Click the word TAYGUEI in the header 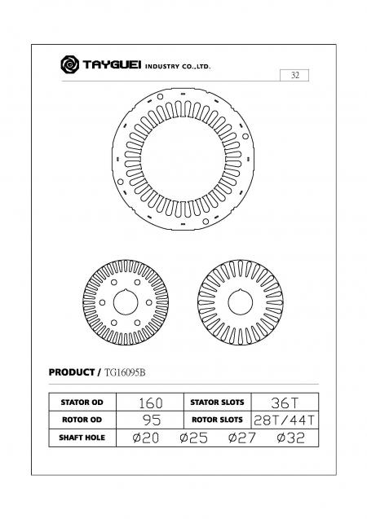pyautogui.click(x=110, y=64)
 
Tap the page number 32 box pyautogui.click(x=294, y=75)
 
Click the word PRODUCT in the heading pyautogui.click(x=73, y=372)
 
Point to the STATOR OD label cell pyautogui.click(x=80, y=402)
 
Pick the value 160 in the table pyautogui.click(x=151, y=402)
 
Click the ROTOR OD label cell pyautogui.click(x=80, y=420)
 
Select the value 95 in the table pyautogui.click(x=151, y=420)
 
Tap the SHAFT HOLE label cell pyautogui.click(x=80, y=438)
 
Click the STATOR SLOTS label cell pyautogui.click(x=217, y=402)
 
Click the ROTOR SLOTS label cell pyautogui.click(x=217, y=420)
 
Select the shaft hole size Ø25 pyautogui.click(x=194, y=438)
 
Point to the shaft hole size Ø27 pyautogui.click(x=241, y=438)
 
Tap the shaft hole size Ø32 pyautogui.click(x=291, y=438)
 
